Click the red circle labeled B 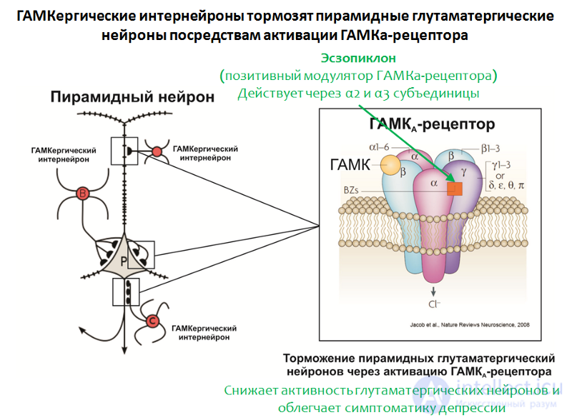click(x=82, y=194)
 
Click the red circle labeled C click(x=152, y=321)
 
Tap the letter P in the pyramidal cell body click(x=124, y=261)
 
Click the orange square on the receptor click(x=455, y=189)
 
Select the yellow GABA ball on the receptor click(x=390, y=165)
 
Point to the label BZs click(x=351, y=190)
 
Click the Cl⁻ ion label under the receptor click(x=434, y=304)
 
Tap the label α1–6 click(x=379, y=147)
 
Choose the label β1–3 click(x=490, y=149)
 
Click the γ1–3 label click(x=501, y=166)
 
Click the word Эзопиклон click(x=358, y=58)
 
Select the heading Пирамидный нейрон click(x=132, y=97)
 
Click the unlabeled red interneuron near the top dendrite click(x=157, y=151)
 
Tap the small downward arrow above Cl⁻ click(x=433, y=291)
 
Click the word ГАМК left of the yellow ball click(x=350, y=165)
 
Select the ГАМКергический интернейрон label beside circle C click(x=204, y=333)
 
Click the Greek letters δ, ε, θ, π click(x=507, y=186)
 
